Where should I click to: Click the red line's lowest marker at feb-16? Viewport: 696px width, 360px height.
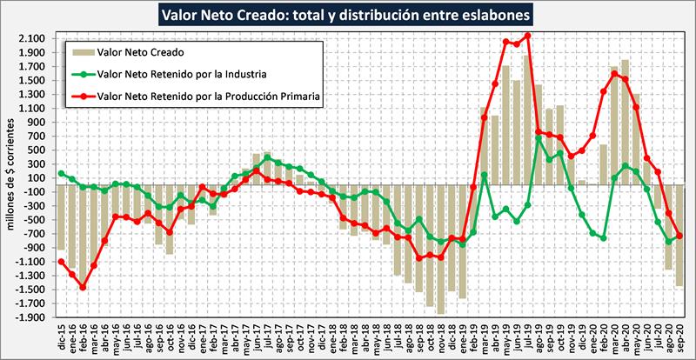click(83, 287)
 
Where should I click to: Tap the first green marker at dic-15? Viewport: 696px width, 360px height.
click(61, 173)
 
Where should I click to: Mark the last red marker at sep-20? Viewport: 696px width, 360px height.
click(679, 236)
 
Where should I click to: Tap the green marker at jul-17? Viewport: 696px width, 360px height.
click(267, 157)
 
